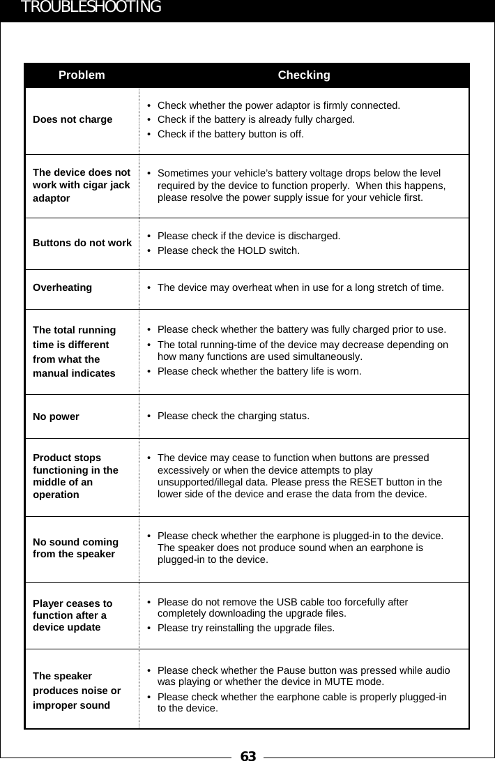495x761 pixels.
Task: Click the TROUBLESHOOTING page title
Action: (x=91, y=8)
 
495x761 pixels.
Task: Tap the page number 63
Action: (x=247, y=755)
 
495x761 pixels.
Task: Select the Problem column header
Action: (x=82, y=75)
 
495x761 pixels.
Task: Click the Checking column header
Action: (x=304, y=75)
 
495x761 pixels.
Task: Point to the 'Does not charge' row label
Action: (x=73, y=119)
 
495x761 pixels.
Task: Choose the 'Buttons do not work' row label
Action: (x=82, y=243)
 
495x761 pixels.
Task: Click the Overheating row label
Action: (x=62, y=287)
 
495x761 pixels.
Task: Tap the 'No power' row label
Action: (x=56, y=416)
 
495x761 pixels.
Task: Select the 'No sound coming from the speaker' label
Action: (x=75, y=548)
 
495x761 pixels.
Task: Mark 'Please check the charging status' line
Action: (x=234, y=416)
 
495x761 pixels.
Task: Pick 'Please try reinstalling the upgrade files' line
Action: (x=245, y=628)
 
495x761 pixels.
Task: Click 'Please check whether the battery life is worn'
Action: (x=259, y=371)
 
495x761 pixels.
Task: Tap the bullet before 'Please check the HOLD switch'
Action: (x=150, y=250)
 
